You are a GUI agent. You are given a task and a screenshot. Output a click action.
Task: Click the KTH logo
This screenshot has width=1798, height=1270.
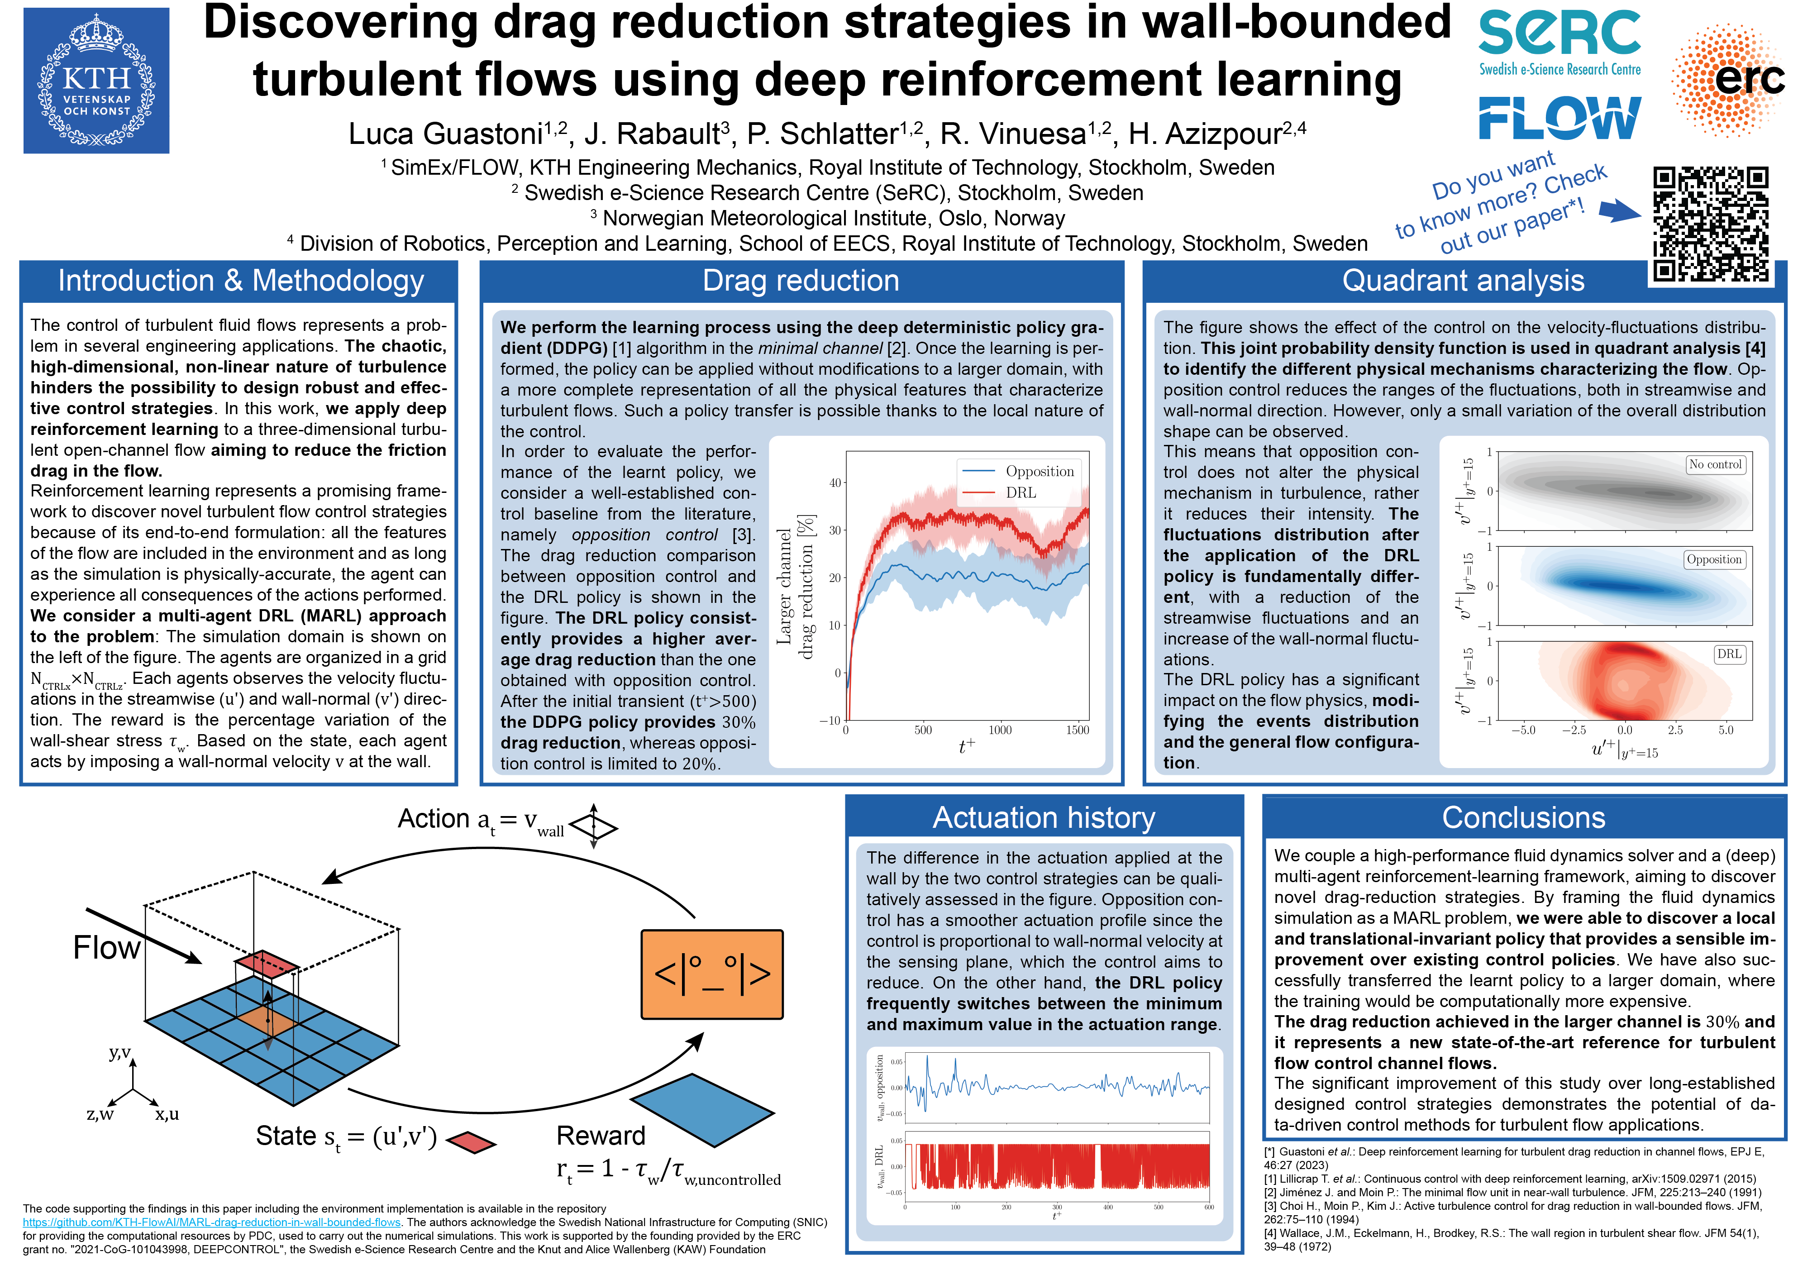[x=96, y=81]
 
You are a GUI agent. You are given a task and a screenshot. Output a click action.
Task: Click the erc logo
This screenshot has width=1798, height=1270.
[x=1729, y=78]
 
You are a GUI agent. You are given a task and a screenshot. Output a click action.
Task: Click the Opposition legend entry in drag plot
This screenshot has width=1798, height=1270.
[x=1039, y=471]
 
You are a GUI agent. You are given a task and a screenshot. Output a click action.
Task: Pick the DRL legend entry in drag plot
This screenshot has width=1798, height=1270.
[x=1021, y=492]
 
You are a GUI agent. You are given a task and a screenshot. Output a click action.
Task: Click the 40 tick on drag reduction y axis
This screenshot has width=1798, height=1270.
[x=835, y=483]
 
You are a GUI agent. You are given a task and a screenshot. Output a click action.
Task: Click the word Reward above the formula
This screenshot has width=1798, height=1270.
[x=601, y=1136]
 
